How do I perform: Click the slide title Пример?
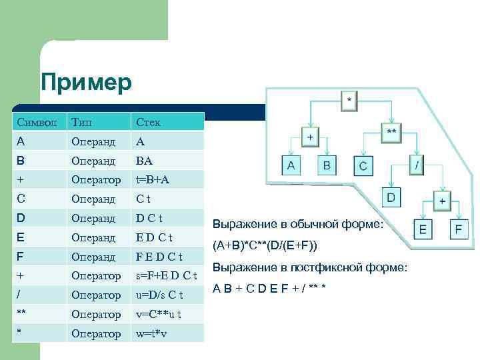coord(87,83)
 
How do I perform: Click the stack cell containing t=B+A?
coord(153,180)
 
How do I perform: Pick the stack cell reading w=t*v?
coord(153,333)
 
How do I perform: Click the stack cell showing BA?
coord(145,161)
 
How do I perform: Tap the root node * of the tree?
coord(350,101)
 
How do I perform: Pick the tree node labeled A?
coord(291,165)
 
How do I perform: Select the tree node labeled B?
coord(327,165)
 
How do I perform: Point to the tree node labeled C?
coord(363,165)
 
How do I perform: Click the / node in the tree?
coord(416,163)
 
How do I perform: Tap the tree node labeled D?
coord(392,197)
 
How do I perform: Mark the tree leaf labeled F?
coord(458,230)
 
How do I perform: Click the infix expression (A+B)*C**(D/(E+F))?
coord(269,245)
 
